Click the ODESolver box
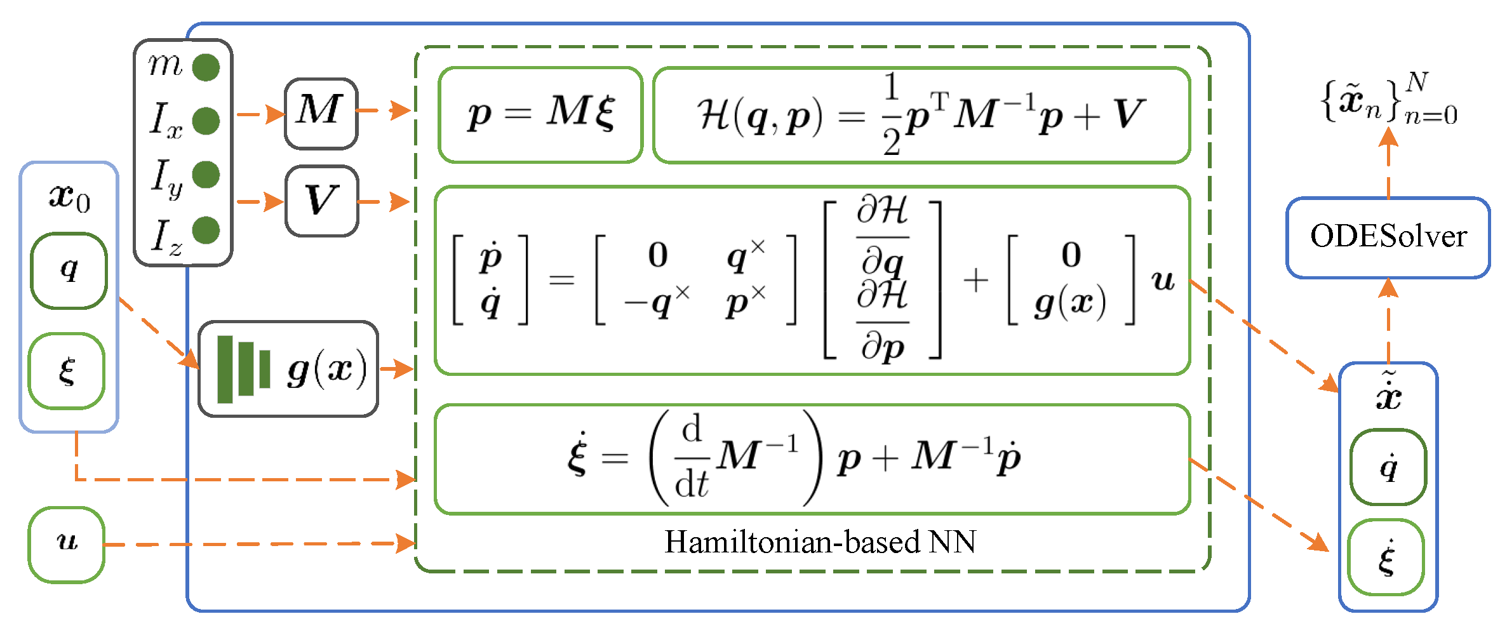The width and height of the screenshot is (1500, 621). [1388, 237]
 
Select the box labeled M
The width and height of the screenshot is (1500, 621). [321, 113]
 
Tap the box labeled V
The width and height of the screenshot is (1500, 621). [321, 201]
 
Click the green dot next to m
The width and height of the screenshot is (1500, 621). [206, 67]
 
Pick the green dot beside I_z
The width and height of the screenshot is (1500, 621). [206, 230]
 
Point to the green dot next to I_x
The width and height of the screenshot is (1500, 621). [206, 121]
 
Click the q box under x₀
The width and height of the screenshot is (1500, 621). [69, 270]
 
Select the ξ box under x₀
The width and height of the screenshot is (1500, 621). [67, 371]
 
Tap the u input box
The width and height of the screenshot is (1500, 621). [67, 544]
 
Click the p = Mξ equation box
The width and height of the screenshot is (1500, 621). [540, 115]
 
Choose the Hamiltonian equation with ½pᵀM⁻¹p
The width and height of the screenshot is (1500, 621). [921, 115]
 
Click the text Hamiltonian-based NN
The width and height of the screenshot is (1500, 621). [820, 542]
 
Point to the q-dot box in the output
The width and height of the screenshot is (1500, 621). [1388, 467]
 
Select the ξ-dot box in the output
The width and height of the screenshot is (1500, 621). [1386, 557]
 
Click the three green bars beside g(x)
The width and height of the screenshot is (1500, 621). [243, 369]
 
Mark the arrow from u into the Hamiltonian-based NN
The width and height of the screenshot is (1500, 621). [254, 544]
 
